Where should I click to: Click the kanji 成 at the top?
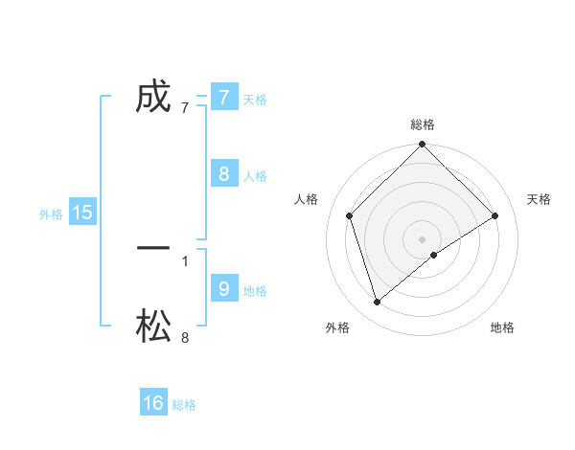(x=153, y=98)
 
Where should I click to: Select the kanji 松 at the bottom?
(x=153, y=327)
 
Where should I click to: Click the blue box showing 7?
(x=224, y=98)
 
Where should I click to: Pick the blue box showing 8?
(x=224, y=174)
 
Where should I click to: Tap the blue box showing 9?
(x=224, y=289)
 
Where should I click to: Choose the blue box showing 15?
(x=82, y=213)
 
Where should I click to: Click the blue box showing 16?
(x=153, y=403)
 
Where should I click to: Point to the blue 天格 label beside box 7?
(x=255, y=99)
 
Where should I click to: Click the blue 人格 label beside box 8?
(x=255, y=176)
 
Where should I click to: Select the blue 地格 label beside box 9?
(x=255, y=291)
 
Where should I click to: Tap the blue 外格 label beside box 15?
(x=51, y=214)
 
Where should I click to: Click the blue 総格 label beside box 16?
(x=184, y=405)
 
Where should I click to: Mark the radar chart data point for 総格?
(x=422, y=145)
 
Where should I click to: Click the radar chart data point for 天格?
(x=495, y=215)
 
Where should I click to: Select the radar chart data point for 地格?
(x=434, y=255)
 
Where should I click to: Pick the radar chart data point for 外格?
(x=377, y=302)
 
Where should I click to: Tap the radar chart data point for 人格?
(x=349, y=215)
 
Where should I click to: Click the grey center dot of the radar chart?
(x=422, y=238)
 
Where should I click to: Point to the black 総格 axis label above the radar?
(x=422, y=124)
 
